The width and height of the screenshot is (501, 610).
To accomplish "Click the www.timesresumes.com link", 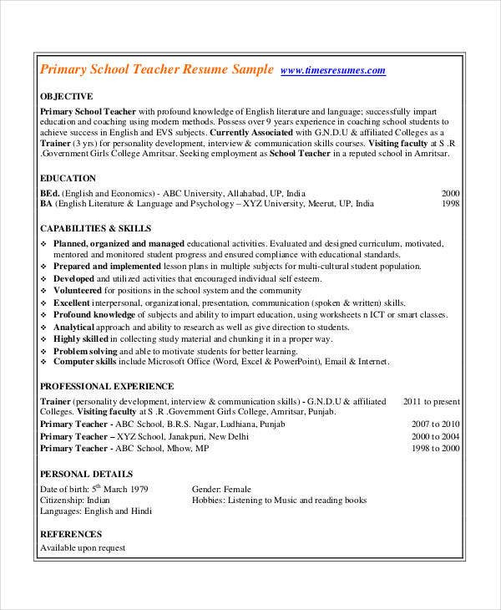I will pos(333,71).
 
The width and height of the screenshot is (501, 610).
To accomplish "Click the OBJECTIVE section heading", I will pos(67,96).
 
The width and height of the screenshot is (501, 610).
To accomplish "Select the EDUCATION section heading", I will pos(68,178).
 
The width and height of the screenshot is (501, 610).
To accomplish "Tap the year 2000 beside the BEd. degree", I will pos(450,191).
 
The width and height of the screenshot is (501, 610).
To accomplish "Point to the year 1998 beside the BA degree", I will pos(450,203).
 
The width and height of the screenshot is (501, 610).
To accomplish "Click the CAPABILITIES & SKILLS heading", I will pos(96,227).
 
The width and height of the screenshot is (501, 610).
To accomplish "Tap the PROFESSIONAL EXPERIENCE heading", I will pos(107,386).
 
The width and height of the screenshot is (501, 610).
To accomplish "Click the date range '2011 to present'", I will pos(431,401).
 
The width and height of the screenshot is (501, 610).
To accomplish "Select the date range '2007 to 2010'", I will pos(435,424).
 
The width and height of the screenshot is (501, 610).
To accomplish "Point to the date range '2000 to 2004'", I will pos(435,436).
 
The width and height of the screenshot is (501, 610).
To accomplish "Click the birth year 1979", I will pos(138,489).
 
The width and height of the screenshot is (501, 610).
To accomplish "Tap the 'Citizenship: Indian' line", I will pos(76,500).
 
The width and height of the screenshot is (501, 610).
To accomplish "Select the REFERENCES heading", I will pos(71,534).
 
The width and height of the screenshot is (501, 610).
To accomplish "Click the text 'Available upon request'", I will pos(83,548).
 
